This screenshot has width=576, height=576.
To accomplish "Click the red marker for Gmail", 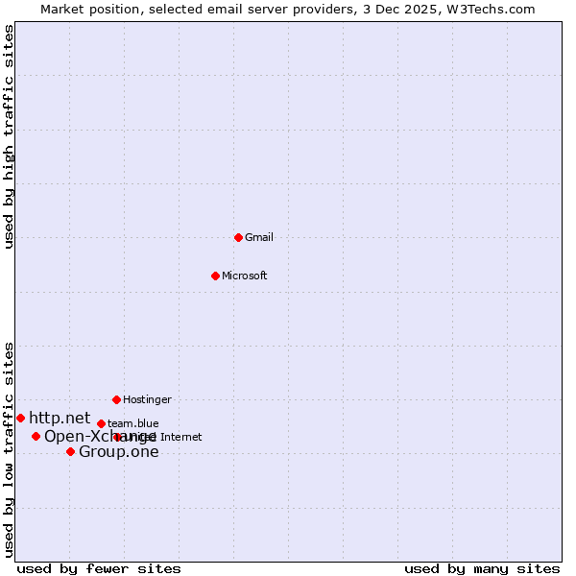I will [238, 237].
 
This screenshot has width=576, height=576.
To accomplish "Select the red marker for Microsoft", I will [215, 276].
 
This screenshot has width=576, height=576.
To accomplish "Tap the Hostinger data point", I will [116, 399].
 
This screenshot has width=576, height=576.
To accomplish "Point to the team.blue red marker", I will [101, 423].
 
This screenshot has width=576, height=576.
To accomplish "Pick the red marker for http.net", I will [20, 418].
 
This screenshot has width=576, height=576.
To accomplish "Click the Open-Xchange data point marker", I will [36, 436].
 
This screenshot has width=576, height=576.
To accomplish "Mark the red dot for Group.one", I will [70, 451].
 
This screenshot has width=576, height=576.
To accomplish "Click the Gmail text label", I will [259, 237].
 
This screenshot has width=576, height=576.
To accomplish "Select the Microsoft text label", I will [245, 276].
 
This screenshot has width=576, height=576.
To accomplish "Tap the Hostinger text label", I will [147, 399].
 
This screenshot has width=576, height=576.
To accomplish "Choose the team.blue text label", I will [133, 423].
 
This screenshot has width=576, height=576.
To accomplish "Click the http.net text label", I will [60, 418].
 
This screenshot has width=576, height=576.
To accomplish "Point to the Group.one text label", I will [119, 452].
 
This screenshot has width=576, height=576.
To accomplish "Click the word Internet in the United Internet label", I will [181, 437].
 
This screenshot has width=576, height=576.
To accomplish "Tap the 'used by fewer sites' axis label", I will [99, 568].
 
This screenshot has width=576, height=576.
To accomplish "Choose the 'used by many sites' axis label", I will [482, 568].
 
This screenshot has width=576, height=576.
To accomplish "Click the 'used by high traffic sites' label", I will [9, 136].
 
